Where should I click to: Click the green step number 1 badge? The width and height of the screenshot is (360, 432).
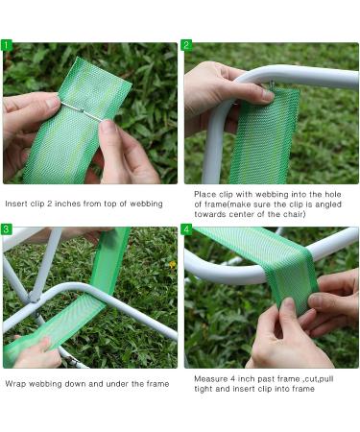pos(8,45)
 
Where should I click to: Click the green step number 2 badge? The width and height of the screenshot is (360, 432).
pos(187,45)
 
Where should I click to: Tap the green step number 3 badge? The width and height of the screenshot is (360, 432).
pos(8,230)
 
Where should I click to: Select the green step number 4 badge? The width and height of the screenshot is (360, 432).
pos(187,230)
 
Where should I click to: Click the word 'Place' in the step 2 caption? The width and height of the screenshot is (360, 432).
pos(204,193)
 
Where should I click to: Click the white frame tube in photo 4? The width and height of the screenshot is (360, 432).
pos(211,273)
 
